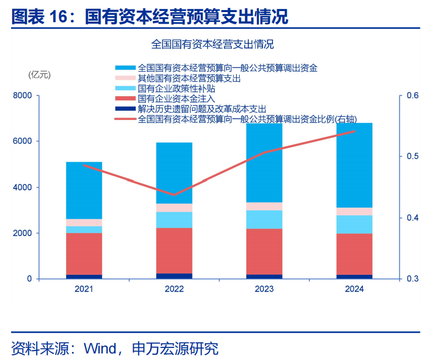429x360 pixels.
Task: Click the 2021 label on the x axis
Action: point(84,289)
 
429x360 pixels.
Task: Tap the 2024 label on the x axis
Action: point(354,289)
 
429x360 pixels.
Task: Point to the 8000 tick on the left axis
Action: point(22,95)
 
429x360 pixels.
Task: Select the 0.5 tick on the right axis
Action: point(406,156)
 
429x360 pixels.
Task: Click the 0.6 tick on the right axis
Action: point(406,95)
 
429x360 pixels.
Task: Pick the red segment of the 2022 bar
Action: point(174,250)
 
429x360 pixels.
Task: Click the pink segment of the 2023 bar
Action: point(264,206)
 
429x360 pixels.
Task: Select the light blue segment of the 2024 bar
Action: point(354,224)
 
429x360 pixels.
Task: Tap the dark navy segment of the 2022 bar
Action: point(174,276)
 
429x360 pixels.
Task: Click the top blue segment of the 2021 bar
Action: point(84,190)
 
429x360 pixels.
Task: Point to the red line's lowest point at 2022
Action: point(174,195)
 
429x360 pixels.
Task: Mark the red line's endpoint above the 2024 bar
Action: point(354,131)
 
